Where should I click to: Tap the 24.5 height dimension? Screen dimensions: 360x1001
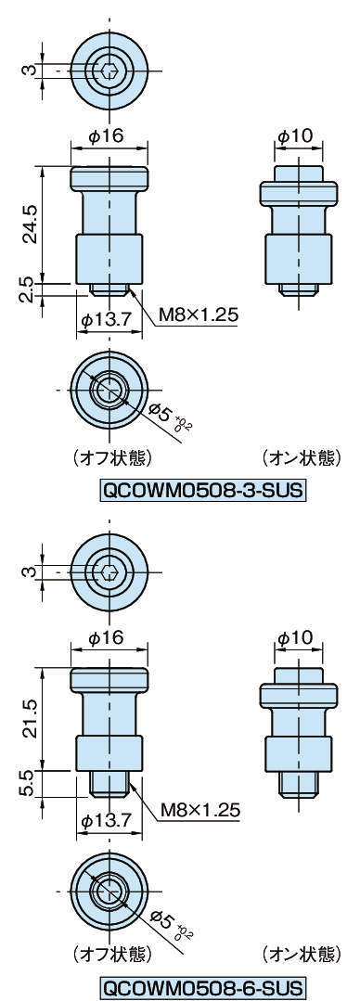pyautogui.click(x=29, y=225)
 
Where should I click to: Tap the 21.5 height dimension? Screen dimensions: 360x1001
pyautogui.click(x=29, y=719)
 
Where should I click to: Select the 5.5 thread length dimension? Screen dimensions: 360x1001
pyautogui.click(x=28, y=784)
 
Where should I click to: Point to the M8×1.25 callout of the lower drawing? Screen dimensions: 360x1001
pyautogui.click(x=199, y=810)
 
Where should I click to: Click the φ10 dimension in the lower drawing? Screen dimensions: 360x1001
pyautogui.click(x=296, y=636)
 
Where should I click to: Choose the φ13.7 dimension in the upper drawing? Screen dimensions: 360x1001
pyautogui.click(x=108, y=318)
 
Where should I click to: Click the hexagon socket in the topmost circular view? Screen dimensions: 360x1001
pyautogui.click(x=109, y=70)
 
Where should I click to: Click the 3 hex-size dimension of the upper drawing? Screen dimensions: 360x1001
pyautogui.click(x=29, y=70)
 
